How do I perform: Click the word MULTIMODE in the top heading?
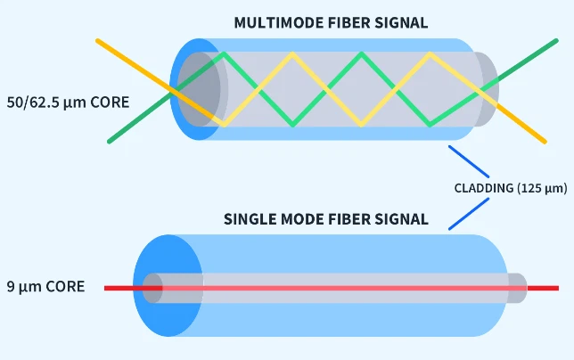point(270,22)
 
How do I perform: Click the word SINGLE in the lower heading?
point(249,218)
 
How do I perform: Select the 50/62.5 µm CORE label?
point(67,102)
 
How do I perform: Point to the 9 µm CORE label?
point(45,287)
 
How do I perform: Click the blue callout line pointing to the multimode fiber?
point(468,161)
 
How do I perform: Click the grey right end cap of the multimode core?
point(487,89)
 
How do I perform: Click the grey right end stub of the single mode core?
point(517,288)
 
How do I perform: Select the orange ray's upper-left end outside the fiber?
point(100,43)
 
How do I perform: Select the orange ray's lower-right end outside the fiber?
point(540,138)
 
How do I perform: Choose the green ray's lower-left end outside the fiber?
point(113,139)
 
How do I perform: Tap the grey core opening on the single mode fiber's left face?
point(152,288)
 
